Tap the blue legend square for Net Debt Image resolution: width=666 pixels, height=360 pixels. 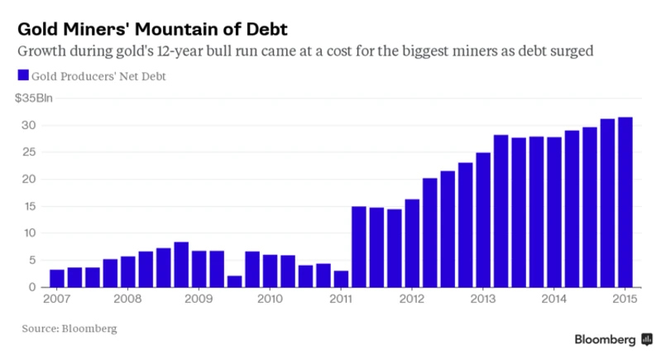click(22, 76)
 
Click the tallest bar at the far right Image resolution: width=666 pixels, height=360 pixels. click(625, 202)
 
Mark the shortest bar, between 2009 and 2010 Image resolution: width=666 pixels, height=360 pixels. click(235, 281)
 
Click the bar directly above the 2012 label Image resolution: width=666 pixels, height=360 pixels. click(412, 243)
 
